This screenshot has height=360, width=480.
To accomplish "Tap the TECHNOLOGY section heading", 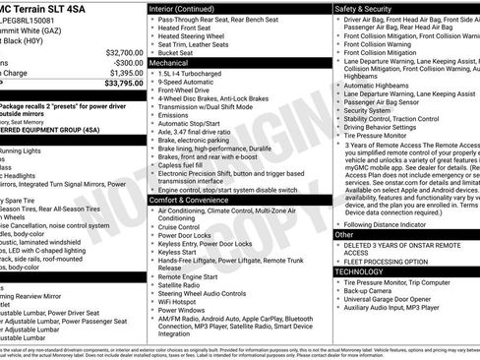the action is (358, 271).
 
